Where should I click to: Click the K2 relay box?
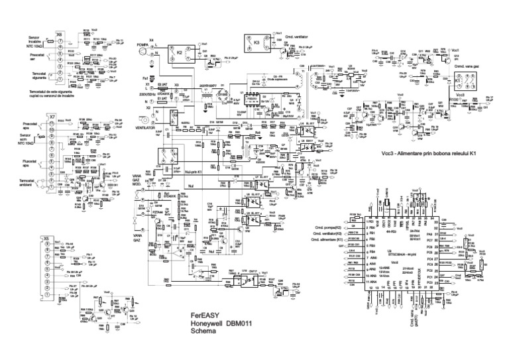[180, 50]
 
